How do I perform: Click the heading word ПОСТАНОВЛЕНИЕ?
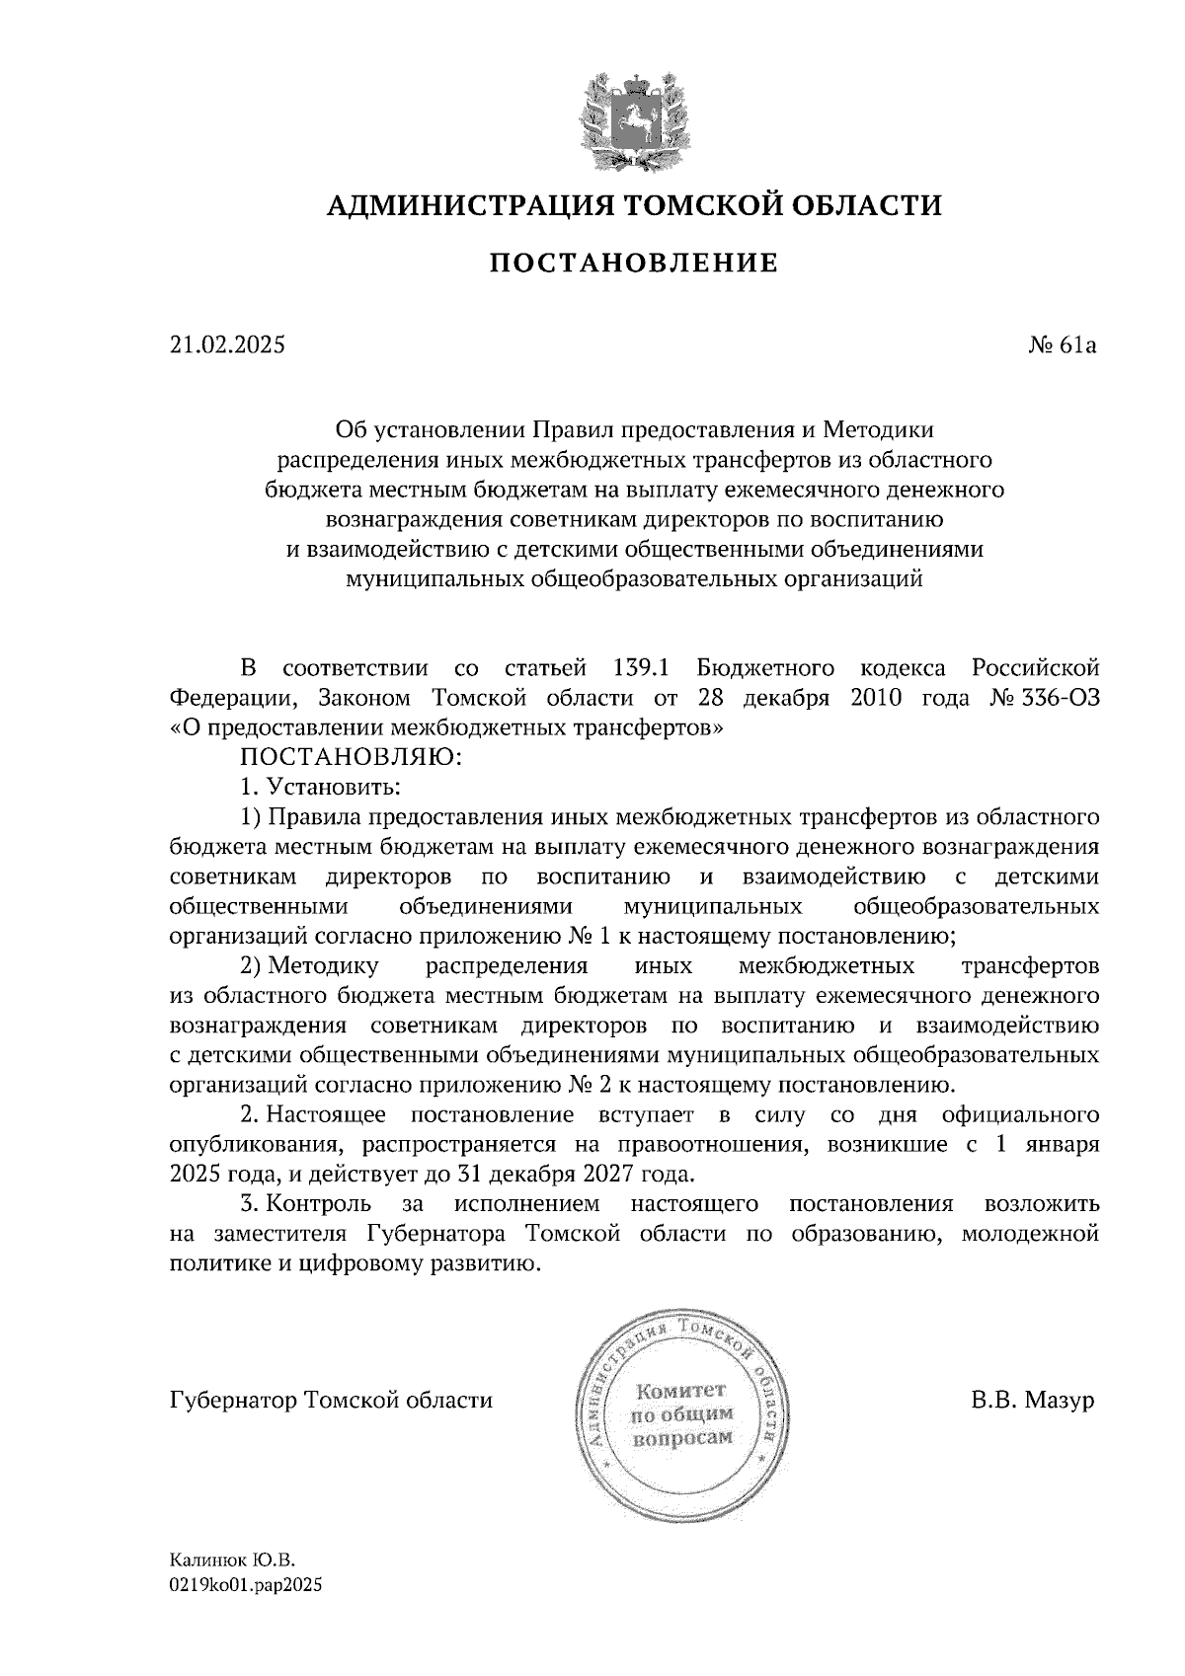tap(634, 263)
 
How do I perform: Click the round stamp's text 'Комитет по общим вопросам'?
tap(681, 1412)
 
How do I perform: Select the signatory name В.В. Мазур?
tap(1033, 1400)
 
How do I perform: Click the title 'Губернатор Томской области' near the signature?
tap(331, 1400)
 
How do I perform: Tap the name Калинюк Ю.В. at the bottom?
tap(232, 1561)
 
